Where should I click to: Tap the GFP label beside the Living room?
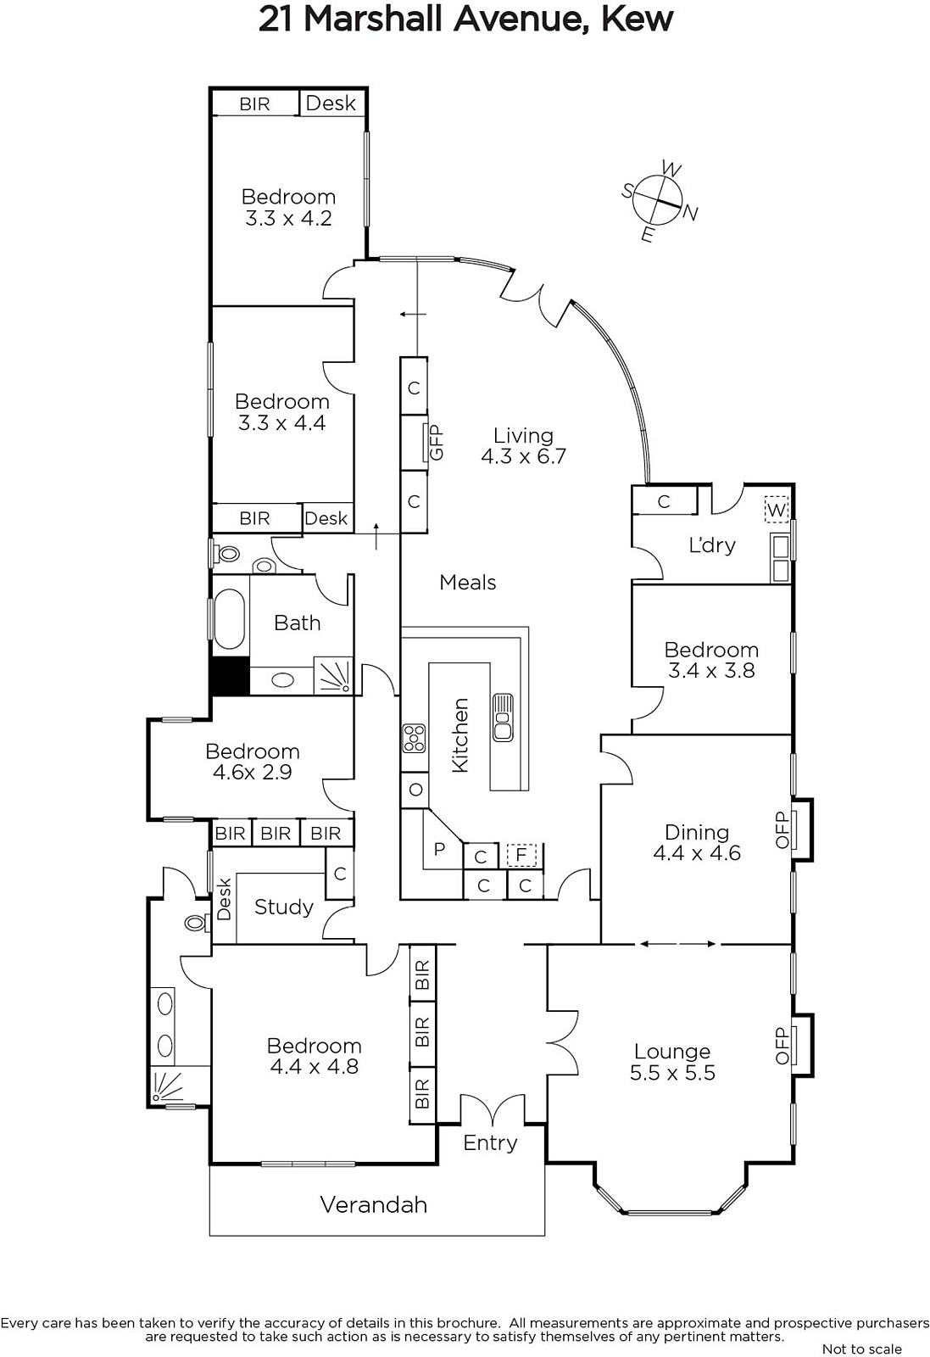pos(437,442)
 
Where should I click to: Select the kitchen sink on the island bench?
pos(503,718)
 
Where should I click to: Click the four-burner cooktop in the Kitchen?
pos(415,739)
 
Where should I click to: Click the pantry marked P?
pos(440,849)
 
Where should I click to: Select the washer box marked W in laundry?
pos(776,509)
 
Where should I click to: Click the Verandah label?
pos(374,1204)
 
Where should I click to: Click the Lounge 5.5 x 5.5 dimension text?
pos(672,1073)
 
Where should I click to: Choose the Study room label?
pos(283,907)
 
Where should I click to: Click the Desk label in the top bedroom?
pos(331,103)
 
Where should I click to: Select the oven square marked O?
pos(415,790)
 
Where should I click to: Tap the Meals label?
pos(467,582)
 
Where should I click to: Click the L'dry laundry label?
pos(712,545)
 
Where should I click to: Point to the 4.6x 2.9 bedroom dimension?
pos(253,773)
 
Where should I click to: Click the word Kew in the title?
pos(637,18)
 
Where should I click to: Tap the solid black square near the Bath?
pos(231,676)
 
